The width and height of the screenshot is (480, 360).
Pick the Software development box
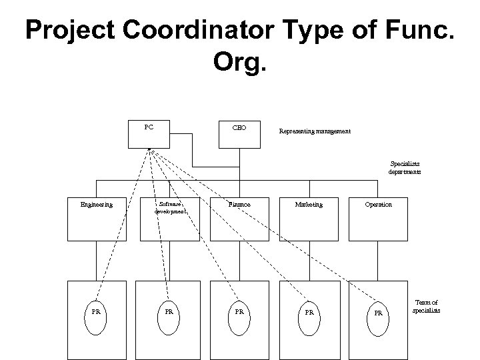tap(169, 217)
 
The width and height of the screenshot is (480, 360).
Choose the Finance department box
tap(239, 217)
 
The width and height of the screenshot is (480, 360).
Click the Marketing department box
tap(309, 217)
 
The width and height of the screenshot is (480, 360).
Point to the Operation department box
tap(378, 217)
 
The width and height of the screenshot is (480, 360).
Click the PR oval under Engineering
tap(97, 311)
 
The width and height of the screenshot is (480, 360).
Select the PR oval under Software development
tap(169, 311)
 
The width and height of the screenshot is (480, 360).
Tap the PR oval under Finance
tap(239, 311)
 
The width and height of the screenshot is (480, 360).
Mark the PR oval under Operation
tap(378, 311)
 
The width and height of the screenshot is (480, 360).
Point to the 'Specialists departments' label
tap(405, 167)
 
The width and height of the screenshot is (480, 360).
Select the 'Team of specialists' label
tap(426, 307)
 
